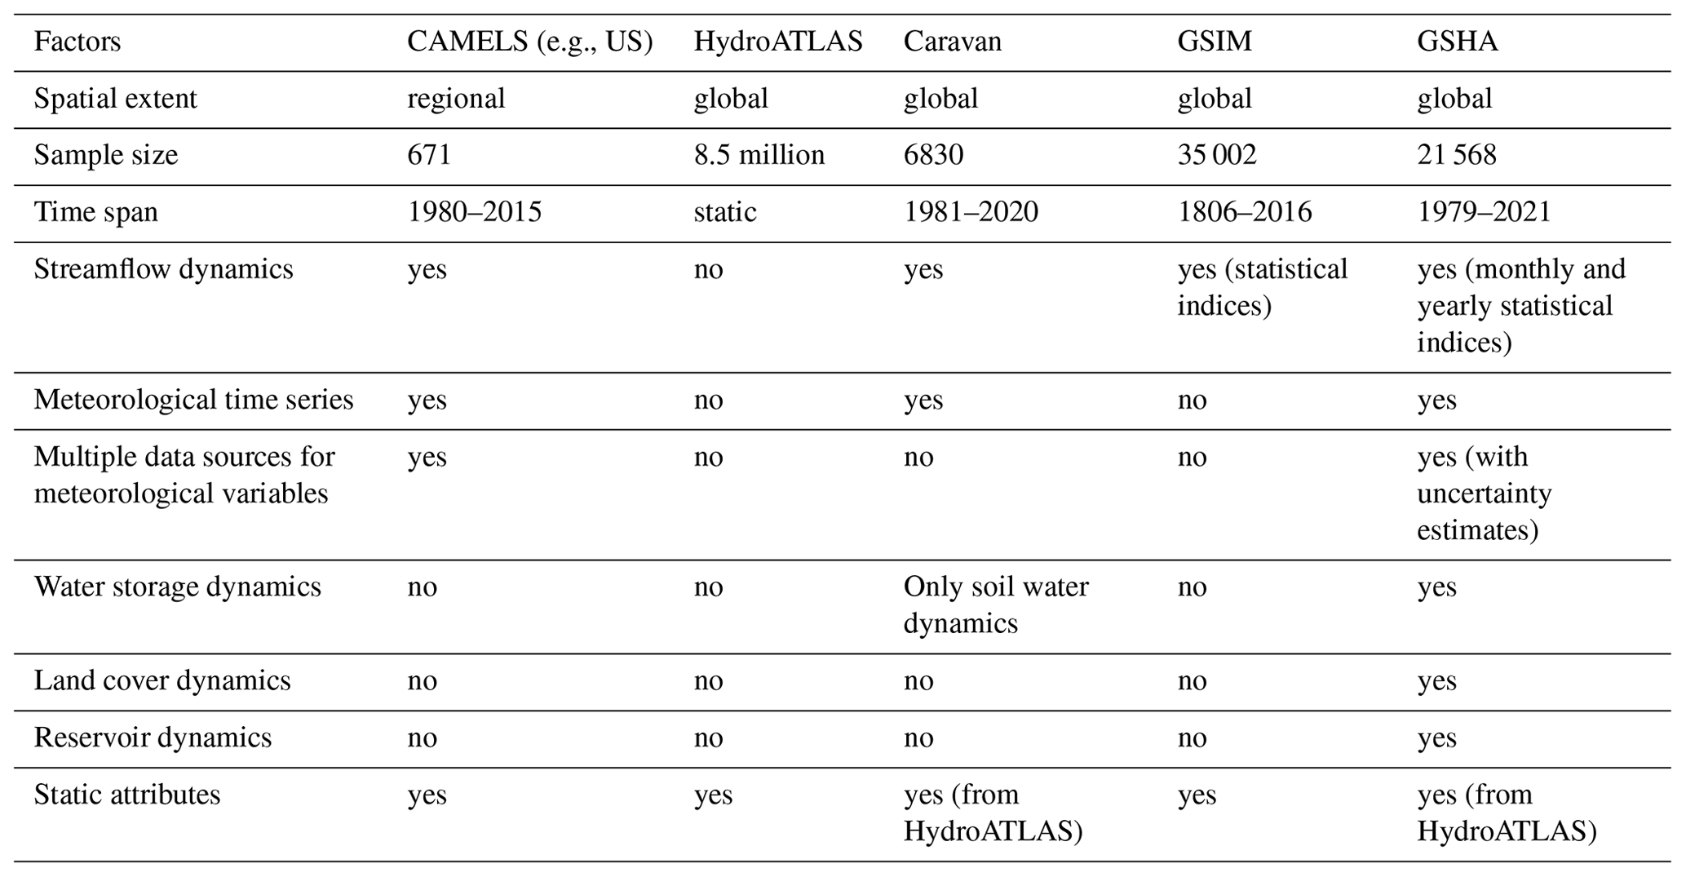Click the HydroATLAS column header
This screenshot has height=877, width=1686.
[777, 42]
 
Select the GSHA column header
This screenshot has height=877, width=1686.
[1457, 42]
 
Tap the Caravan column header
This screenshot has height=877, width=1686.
[952, 42]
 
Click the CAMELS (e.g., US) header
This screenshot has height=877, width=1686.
[530, 42]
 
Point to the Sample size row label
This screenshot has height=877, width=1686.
[106, 155]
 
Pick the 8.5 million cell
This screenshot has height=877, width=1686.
[759, 155]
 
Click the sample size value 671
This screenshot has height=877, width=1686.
[429, 155]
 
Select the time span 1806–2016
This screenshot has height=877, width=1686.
[1244, 212]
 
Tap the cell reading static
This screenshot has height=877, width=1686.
[724, 212]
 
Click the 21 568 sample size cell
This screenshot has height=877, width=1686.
[1456, 155]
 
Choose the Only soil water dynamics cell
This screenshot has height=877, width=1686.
[995, 605]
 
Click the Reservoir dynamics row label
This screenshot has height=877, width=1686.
[153, 737]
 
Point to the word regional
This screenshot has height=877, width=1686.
[456, 99]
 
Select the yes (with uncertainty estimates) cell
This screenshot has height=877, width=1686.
[1484, 493]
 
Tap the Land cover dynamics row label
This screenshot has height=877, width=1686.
[162, 680]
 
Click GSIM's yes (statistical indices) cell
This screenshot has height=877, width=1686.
[1262, 287]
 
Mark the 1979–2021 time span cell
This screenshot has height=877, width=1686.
[1483, 212]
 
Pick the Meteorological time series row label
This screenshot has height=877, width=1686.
[193, 400]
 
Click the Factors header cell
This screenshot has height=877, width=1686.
[77, 42]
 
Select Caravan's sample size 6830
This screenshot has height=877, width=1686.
[933, 155]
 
